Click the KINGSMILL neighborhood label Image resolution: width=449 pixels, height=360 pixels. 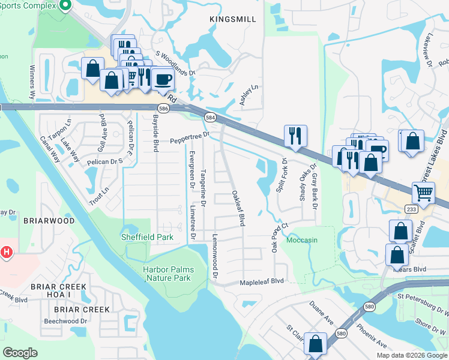coord(233,20)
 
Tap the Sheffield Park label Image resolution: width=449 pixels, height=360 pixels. coord(148,237)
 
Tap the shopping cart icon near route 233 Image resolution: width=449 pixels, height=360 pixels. coord(424,193)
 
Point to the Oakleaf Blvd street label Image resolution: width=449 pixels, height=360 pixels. coord(238,208)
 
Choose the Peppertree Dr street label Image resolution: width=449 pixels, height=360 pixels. coord(188,139)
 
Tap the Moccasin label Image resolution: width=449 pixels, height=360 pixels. coord(302,240)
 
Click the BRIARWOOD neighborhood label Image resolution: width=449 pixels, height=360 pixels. coord(49,221)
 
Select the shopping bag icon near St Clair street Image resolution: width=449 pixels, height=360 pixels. coord(315,343)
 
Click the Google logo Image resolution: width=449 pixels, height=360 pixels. coord(20,353)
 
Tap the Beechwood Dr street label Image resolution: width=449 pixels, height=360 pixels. coord(65,321)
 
